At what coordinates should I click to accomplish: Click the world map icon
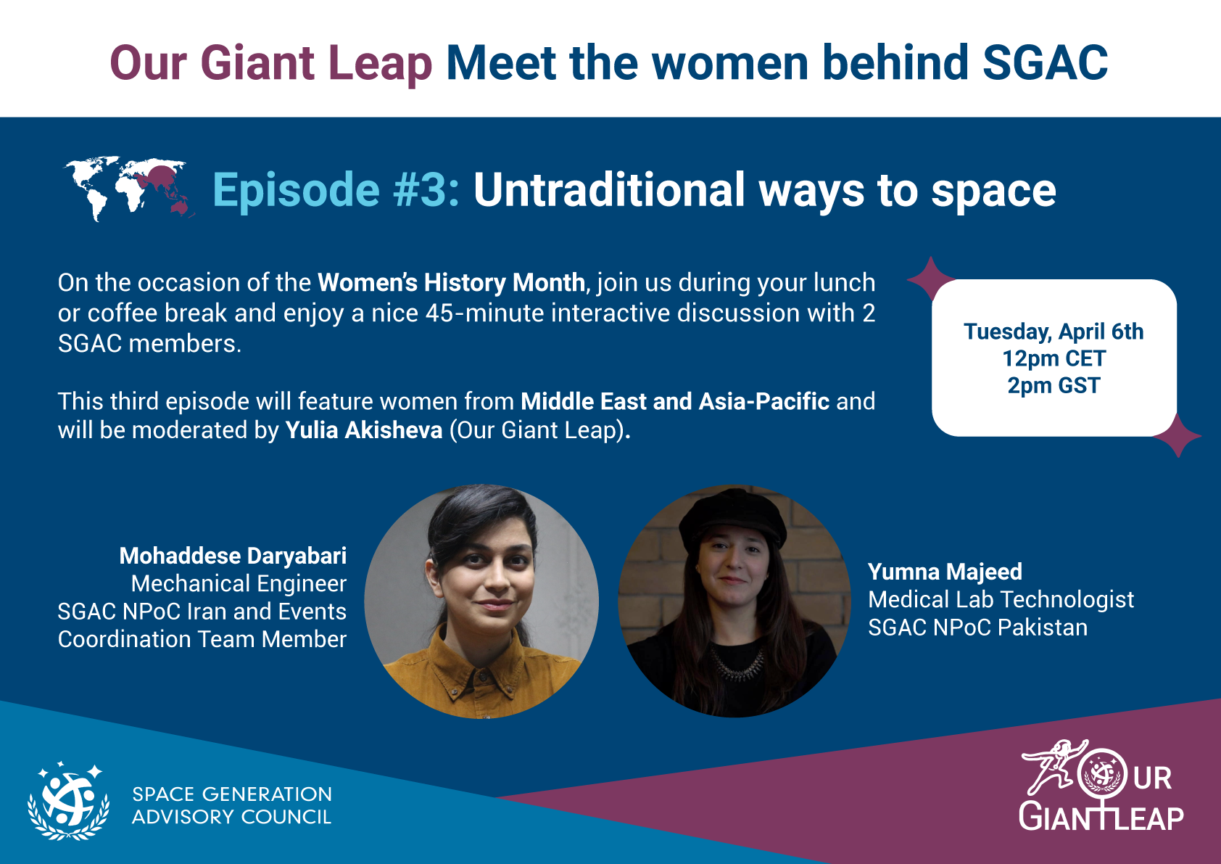(x=128, y=189)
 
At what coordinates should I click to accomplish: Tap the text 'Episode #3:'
(x=336, y=190)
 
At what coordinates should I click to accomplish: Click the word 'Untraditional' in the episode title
(x=609, y=189)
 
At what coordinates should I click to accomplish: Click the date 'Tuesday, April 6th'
(x=1053, y=332)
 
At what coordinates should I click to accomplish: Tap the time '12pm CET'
(x=1054, y=358)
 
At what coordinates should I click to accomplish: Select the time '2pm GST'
(x=1054, y=386)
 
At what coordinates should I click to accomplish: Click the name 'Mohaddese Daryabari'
(x=233, y=556)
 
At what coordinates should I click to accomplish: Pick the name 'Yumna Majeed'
(x=945, y=572)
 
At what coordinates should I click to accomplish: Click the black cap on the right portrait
(x=732, y=517)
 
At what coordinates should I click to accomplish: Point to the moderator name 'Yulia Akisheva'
(x=363, y=430)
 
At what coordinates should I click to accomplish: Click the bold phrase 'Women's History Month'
(x=451, y=282)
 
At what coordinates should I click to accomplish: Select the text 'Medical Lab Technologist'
(x=1001, y=600)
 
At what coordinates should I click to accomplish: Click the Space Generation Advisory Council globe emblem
(x=69, y=801)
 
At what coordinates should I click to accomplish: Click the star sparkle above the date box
(x=930, y=279)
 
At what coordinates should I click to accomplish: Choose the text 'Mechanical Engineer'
(x=239, y=584)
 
